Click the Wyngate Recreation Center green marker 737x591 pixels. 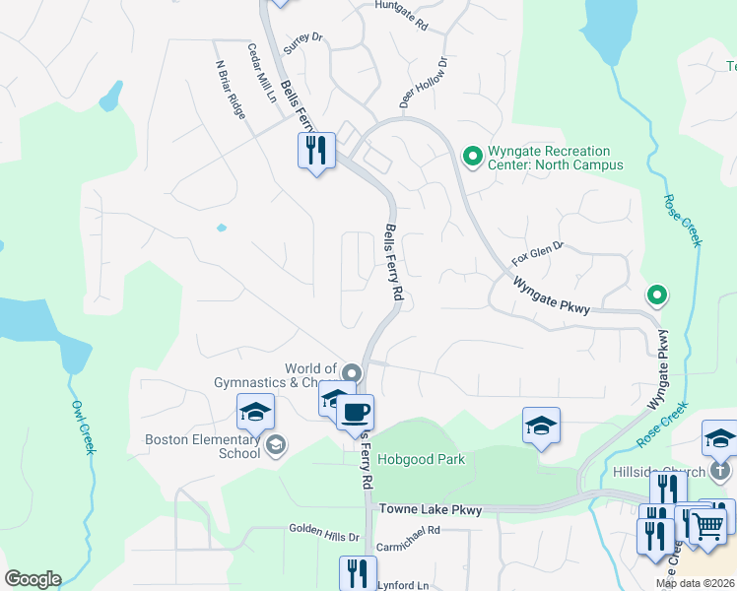point(472,155)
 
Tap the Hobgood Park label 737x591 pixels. point(428,458)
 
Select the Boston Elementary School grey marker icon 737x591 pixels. point(276,446)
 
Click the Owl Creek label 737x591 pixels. point(83,427)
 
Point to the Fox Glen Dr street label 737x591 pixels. point(537,254)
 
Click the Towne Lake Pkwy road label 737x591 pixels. point(431,510)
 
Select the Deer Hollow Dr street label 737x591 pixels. point(424,82)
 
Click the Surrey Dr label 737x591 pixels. point(302,43)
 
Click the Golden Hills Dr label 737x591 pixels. point(324,533)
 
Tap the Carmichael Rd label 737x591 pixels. point(408,544)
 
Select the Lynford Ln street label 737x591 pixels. point(403,585)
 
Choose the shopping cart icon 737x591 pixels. point(706,526)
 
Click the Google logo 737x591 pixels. point(33,579)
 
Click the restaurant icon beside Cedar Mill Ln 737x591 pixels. point(316,151)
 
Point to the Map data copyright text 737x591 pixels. point(694,583)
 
